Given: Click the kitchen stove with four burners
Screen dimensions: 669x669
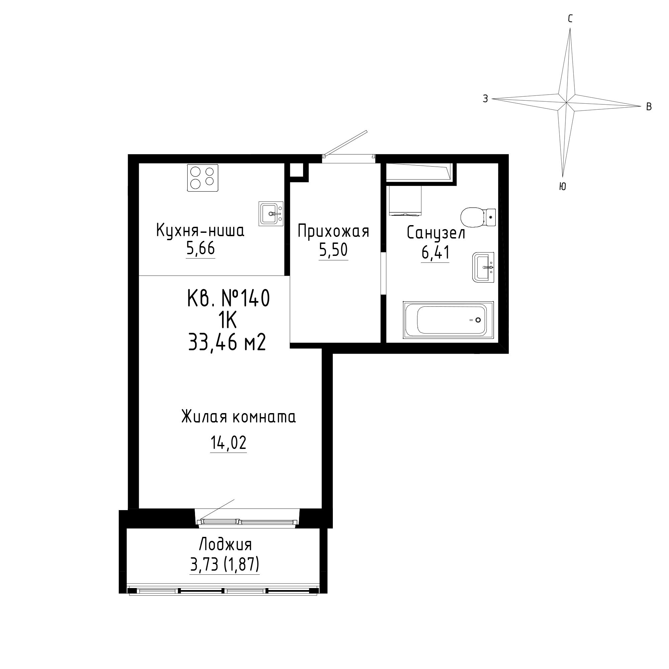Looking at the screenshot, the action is (203, 177).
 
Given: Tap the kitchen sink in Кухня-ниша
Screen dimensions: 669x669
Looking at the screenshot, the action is (271, 213).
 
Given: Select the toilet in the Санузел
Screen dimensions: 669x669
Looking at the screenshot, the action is (478, 217).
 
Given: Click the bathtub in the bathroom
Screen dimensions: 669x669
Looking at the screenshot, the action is (448, 320).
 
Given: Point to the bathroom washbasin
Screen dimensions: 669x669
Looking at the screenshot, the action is (483, 267).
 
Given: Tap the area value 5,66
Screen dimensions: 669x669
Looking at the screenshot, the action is (200, 248).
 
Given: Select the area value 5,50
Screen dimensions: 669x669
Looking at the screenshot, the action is (333, 250).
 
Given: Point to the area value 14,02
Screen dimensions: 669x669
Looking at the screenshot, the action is (228, 443).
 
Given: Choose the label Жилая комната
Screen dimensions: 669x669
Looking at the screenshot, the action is (238, 416).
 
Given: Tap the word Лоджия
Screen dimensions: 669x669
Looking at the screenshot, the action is (225, 544).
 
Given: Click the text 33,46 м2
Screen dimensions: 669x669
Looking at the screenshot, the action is (227, 343).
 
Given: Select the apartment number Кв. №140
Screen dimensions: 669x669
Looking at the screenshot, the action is (228, 298).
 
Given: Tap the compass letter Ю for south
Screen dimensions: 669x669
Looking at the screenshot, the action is (562, 186).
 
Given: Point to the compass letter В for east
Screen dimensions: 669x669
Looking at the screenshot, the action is (649, 107).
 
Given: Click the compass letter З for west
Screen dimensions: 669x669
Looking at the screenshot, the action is (485, 99).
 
